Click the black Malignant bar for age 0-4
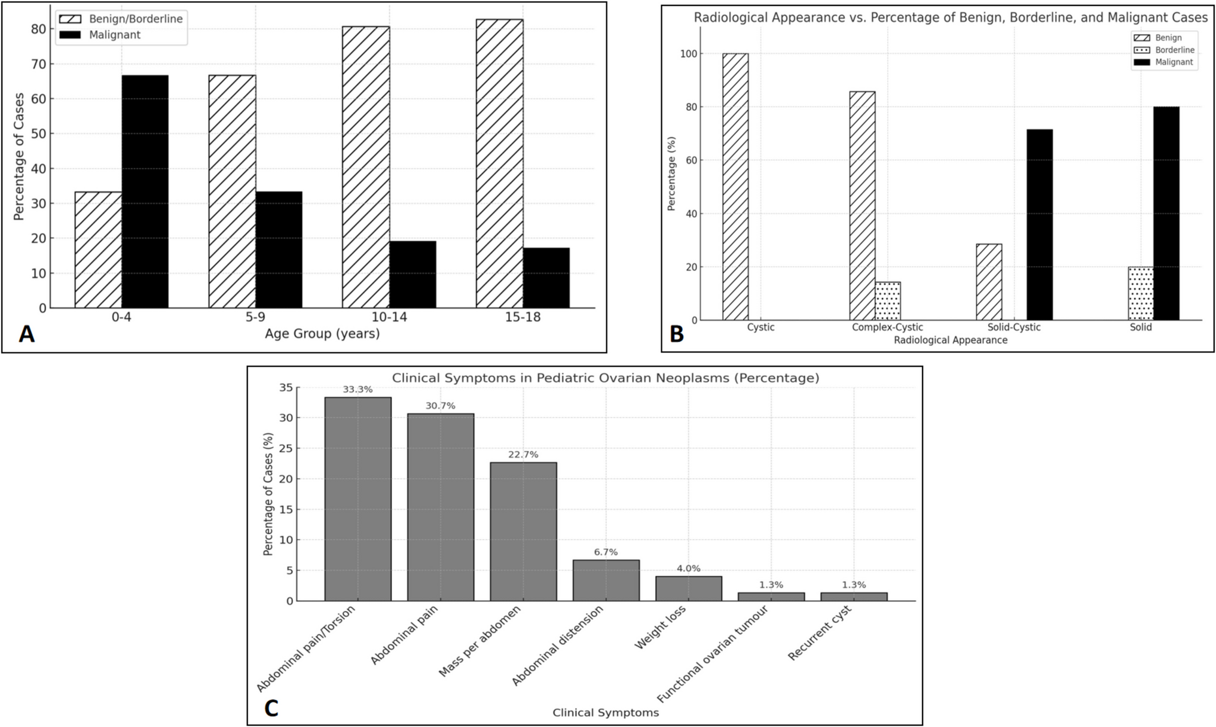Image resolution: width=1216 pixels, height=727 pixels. pyautogui.click(x=145, y=191)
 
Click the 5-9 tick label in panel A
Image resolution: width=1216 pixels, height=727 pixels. pyautogui.click(x=255, y=317)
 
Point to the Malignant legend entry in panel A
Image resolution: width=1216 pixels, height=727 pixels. pyautogui.click(x=114, y=35)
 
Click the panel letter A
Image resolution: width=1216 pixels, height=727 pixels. pyautogui.click(x=26, y=334)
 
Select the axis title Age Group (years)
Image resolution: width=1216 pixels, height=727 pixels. pyautogui.click(x=322, y=333)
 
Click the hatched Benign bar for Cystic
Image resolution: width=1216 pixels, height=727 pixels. pyautogui.click(x=735, y=187)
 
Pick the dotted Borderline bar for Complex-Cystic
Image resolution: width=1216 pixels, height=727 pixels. pyautogui.click(x=888, y=301)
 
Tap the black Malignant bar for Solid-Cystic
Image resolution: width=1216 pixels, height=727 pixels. pyautogui.click(x=1040, y=224)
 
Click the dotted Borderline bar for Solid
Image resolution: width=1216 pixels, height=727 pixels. pyautogui.click(x=1141, y=293)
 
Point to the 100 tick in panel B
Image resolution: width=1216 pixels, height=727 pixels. pyautogui.click(x=688, y=54)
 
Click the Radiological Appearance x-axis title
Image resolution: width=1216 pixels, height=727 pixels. pyautogui.click(x=951, y=340)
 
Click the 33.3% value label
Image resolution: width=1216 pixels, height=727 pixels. pyautogui.click(x=358, y=390)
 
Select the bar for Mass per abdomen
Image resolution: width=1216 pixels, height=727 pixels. pyautogui.click(x=523, y=531)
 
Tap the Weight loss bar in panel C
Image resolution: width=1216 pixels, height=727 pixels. pyautogui.click(x=688, y=588)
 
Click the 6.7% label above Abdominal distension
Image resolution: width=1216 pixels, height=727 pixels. pyautogui.click(x=606, y=552)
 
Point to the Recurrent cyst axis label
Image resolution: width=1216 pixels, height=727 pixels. pyautogui.click(x=819, y=633)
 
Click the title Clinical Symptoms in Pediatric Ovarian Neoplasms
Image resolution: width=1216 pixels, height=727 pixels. pyautogui.click(x=605, y=378)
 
